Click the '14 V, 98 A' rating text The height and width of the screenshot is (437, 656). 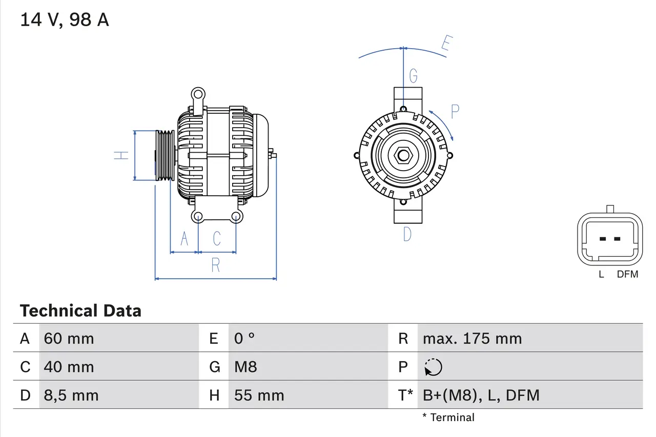point(65,20)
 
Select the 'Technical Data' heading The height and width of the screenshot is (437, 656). point(80,311)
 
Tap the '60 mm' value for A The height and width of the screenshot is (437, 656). point(69,339)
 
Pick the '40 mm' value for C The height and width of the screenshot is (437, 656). point(69,367)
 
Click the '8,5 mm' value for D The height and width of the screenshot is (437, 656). point(71,395)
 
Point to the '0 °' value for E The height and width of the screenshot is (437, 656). point(244,339)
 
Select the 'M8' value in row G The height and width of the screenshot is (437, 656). point(245,367)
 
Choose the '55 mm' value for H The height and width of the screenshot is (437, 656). point(259,395)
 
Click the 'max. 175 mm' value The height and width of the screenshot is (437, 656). point(472,339)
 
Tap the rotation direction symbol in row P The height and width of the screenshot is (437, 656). point(433,367)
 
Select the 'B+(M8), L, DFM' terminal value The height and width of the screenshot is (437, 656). point(481,395)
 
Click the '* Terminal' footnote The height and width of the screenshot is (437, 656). point(448,418)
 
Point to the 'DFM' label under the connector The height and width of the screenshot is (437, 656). point(627,275)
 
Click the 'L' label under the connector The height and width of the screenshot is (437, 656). point(601,275)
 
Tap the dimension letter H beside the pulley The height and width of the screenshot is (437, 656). point(121,155)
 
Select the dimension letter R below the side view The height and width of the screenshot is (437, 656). point(216,265)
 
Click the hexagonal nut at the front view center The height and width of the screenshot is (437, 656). point(403,155)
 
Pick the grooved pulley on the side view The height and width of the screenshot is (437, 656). point(165,155)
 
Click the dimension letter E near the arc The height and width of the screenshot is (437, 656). point(446,45)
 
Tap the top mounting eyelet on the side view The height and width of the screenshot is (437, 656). point(198,94)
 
